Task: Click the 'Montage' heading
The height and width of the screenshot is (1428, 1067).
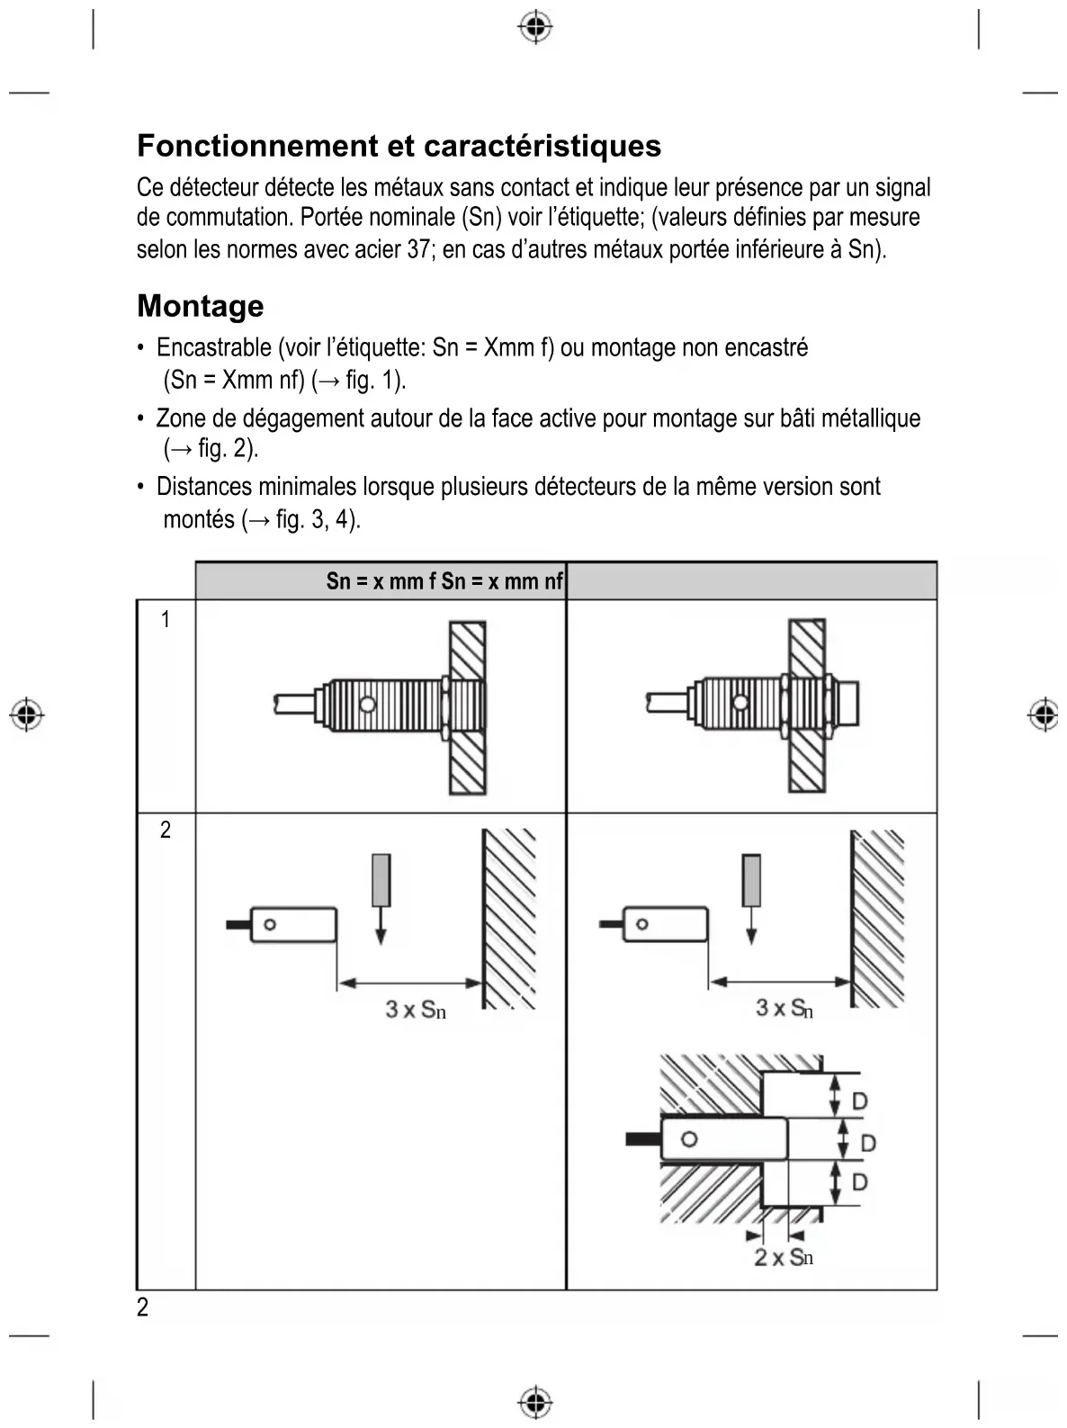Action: pos(201,306)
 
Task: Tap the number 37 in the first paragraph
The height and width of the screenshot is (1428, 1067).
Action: pos(418,249)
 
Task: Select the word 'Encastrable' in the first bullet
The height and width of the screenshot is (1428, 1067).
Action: pos(213,347)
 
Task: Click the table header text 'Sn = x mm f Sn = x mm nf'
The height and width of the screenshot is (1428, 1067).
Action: pos(444,581)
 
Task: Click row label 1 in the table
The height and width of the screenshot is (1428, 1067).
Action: pos(166,619)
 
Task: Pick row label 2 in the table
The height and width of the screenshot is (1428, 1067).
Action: pos(166,830)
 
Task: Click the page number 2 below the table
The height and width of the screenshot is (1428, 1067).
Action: pos(143,1307)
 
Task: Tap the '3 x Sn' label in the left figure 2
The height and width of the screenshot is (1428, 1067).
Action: pos(416,1010)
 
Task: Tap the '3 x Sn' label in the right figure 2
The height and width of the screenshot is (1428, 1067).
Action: pos(785,1009)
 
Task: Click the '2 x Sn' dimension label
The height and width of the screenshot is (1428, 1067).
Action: pos(784,1257)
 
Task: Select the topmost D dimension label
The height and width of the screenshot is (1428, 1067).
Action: pos(859,1100)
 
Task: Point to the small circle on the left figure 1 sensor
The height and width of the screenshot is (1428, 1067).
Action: pos(367,704)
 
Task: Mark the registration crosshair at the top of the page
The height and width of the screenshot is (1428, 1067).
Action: pos(535,28)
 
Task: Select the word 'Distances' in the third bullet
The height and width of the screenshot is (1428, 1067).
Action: pos(204,487)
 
